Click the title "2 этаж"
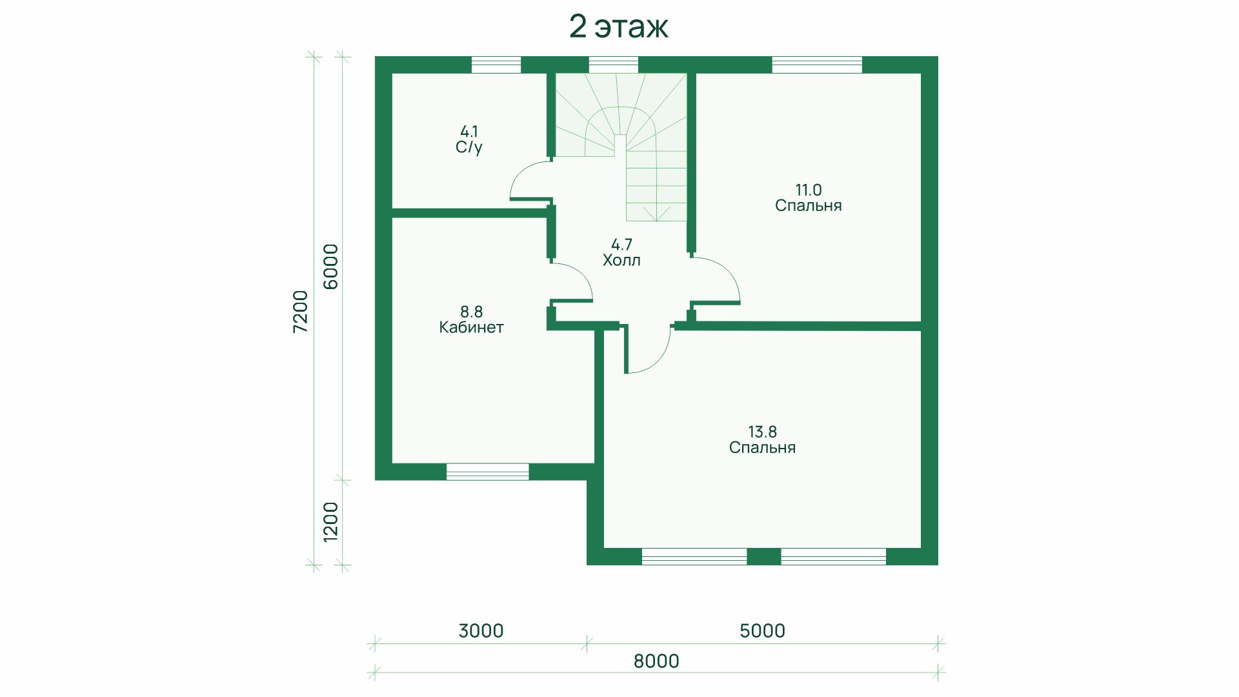pyautogui.click(x=618, y=27)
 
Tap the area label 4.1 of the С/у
pyautogui.click(x=469, y=132)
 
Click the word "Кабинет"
pyautogui.click(x=471, y=327)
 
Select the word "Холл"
pyautogui.click(x=621, y=261)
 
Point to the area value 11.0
pyautogui.click(x=808, y=190)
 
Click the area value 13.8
pyautogui.click(x=762, y=432)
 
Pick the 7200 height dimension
pyautogui.click(x=301, y=312)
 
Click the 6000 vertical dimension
pyautogui.click(x=330, y=267)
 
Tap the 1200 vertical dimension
pyautogui.click(x=330, y=521)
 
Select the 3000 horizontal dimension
pyautogui.click(x=481, y=631)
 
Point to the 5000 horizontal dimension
pyautogui.click(x=762, y=631)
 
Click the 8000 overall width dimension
pyautogui.click(x=656, y=661)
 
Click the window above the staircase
pyautogui.click(x=613, y=65)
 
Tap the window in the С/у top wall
pyautogui.click(x=496, y=65)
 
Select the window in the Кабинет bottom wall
pyautogui.click(x=487, y=472)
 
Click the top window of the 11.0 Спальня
pyautogui.click(x=817, y=65)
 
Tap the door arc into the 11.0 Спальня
pyautogui.click(x=729, y=271)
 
